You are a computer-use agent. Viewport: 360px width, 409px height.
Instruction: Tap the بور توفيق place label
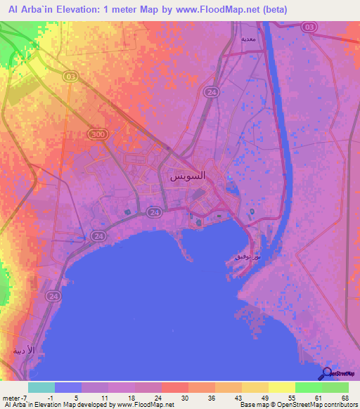click(x=247, y=258)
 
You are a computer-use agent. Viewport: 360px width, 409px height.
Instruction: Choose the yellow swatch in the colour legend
click(x=282, y=387)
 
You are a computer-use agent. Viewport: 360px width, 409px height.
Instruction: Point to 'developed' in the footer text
click(x=98, y=405)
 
